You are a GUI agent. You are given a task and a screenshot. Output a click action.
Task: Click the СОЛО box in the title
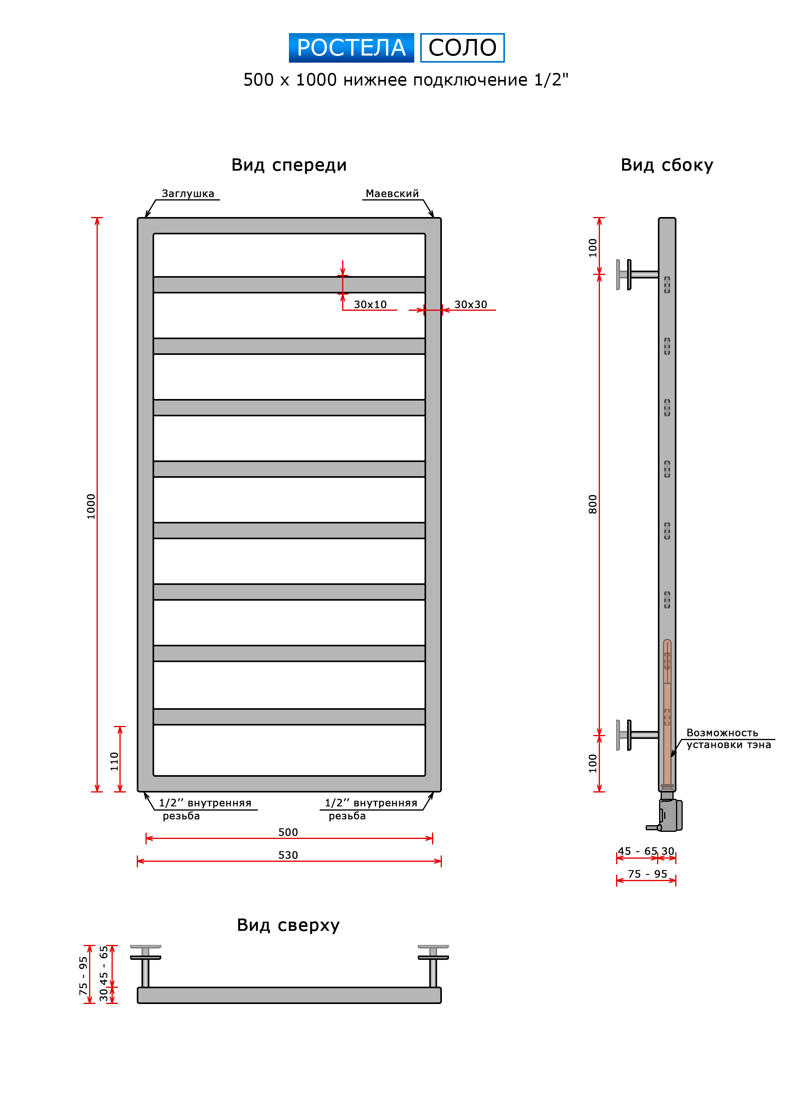click(462, 48)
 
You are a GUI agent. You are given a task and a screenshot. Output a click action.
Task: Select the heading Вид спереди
click(289, 165)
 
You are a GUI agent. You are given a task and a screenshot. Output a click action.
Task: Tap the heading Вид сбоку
click(667, 165)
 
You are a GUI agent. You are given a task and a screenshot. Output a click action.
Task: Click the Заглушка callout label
click(188, 193)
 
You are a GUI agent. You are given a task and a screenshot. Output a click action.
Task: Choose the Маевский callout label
click(392, 193)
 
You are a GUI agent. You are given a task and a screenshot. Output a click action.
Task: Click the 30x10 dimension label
click(370, 304)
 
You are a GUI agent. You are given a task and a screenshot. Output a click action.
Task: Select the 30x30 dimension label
click(470, 304)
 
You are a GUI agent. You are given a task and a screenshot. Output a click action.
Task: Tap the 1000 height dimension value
click(91, 506)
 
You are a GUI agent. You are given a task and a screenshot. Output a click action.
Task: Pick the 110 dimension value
click(114, 761)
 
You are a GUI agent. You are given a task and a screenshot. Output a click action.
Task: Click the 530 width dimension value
click(288, 855)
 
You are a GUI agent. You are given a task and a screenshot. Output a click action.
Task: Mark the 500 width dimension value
click(288, 832)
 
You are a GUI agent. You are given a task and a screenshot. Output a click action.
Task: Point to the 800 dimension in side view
click(592, 504)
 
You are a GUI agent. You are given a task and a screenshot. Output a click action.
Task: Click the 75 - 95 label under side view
click(647, 874)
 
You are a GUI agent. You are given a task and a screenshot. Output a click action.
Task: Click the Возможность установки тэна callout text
click(728, 739)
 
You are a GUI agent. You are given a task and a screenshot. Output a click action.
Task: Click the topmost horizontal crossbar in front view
click(289, 285)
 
